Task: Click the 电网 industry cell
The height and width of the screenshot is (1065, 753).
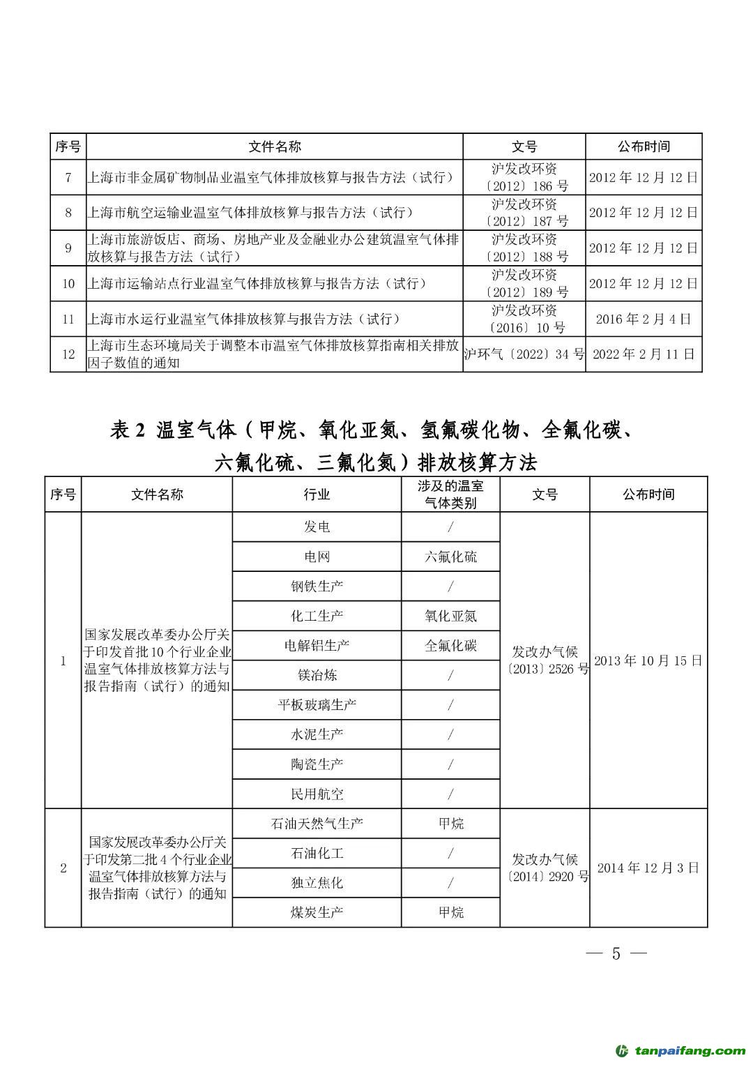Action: (x=317, y=557)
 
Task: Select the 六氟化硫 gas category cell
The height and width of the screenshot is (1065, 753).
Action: (x=450, y=557)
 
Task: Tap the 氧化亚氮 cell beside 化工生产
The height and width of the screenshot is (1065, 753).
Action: (x=450, y=616)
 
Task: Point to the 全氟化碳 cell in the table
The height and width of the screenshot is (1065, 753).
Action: (x=450, y=645)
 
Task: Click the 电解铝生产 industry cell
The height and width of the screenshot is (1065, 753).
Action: (x=317, y=645)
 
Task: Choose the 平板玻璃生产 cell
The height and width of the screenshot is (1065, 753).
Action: (x=317, y=704)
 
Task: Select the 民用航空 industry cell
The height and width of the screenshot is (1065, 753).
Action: (x=317, y=794)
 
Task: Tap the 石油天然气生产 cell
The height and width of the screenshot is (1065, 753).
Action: (x=317, y=823)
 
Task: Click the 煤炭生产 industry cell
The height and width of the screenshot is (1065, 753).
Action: (x=317, y=912)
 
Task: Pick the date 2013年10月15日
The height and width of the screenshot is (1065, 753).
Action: (x=648, y=660)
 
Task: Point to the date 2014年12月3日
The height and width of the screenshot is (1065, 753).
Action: (x=648, y=868)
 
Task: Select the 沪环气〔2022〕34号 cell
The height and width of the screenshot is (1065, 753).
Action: (x=524, y=354)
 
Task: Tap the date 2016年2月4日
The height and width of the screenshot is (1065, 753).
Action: (x=643, y=319)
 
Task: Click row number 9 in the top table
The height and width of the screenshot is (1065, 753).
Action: (x=68, y=248)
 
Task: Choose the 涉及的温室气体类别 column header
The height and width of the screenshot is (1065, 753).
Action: (x=450, y=494)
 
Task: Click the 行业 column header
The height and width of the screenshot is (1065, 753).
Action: (x=317, y=494)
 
